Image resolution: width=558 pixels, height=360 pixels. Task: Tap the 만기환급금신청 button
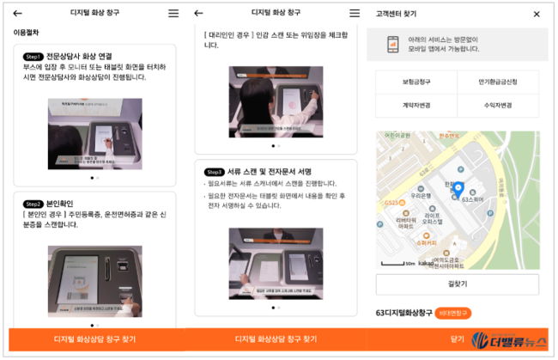click(498, 82)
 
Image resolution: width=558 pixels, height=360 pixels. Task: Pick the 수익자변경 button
click(498, 106)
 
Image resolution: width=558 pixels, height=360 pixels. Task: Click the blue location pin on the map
click(458, 190)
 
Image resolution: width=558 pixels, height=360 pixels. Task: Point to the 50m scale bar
click(394, 263)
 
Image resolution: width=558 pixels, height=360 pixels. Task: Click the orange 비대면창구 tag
click(453, 313)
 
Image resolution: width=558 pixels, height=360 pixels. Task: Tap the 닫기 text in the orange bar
click(458, 339)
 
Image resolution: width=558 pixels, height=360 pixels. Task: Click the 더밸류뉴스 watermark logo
click(512, 339)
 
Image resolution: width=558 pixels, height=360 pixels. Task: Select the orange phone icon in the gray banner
click(391, 45)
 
